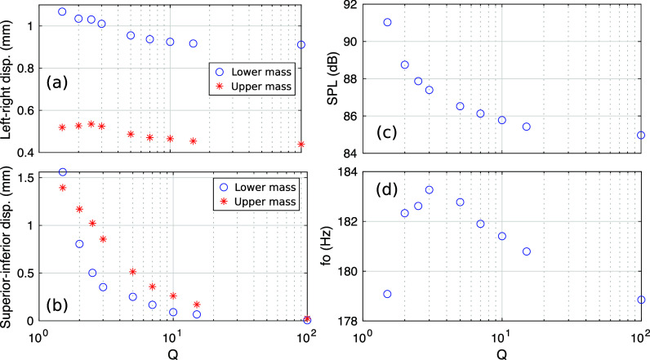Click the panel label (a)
57,82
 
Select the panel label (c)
387,132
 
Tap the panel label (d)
387,189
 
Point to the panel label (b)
57,305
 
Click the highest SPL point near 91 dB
387,22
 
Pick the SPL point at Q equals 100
641,135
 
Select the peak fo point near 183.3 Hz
429,189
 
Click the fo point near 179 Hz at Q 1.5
387,294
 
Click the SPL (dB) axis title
333,78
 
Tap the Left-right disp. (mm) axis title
7,80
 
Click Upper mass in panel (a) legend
261,87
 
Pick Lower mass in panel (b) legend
265,187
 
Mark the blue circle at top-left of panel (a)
62,11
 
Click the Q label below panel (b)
173,354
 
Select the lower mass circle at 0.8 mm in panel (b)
79,244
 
